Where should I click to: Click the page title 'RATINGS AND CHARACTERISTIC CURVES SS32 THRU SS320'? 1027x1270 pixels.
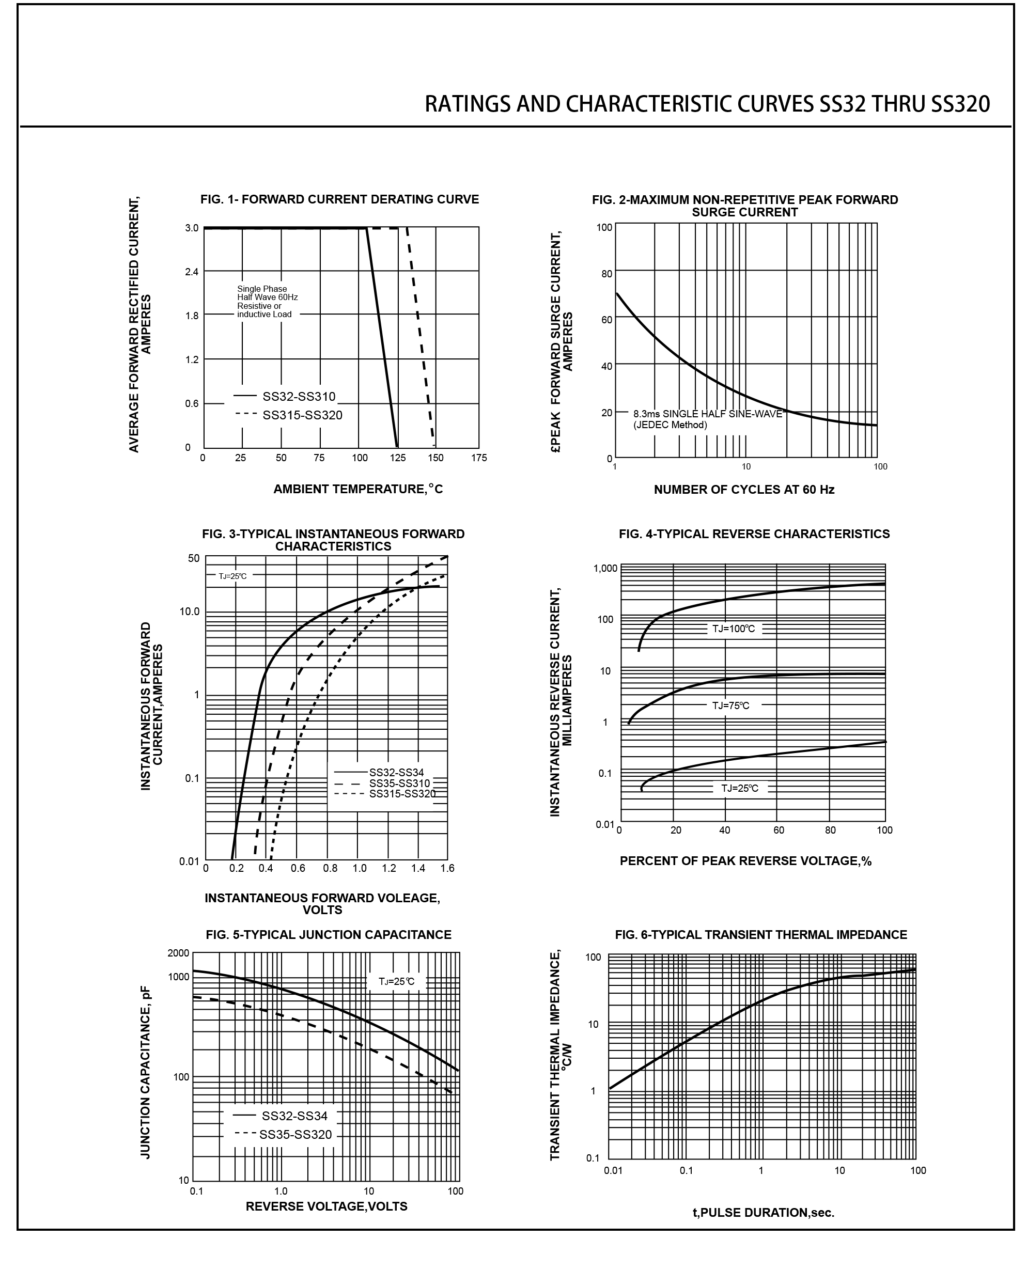tap(707, 105)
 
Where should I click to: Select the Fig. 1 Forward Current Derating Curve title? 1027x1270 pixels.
tap(339, 199)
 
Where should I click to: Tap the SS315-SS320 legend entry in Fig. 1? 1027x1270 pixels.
tap(302, 415)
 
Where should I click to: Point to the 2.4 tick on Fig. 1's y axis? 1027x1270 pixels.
tap(191, 272)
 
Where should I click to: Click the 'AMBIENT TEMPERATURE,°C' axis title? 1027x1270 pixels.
tap(358, 489)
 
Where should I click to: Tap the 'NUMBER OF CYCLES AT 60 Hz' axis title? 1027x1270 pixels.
tap(743, 490)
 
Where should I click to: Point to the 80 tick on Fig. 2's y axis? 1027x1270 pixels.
tap(606, 274)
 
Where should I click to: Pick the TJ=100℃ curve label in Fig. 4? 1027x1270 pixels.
tap(733, 629)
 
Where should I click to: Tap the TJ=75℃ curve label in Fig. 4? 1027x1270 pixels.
tap(730, 705)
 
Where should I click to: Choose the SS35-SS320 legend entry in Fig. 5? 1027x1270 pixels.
tap(295, 1135)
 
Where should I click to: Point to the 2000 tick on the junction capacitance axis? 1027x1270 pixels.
tap(178, 953)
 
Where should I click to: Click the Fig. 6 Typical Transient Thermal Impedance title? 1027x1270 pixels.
tap(761, 935)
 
